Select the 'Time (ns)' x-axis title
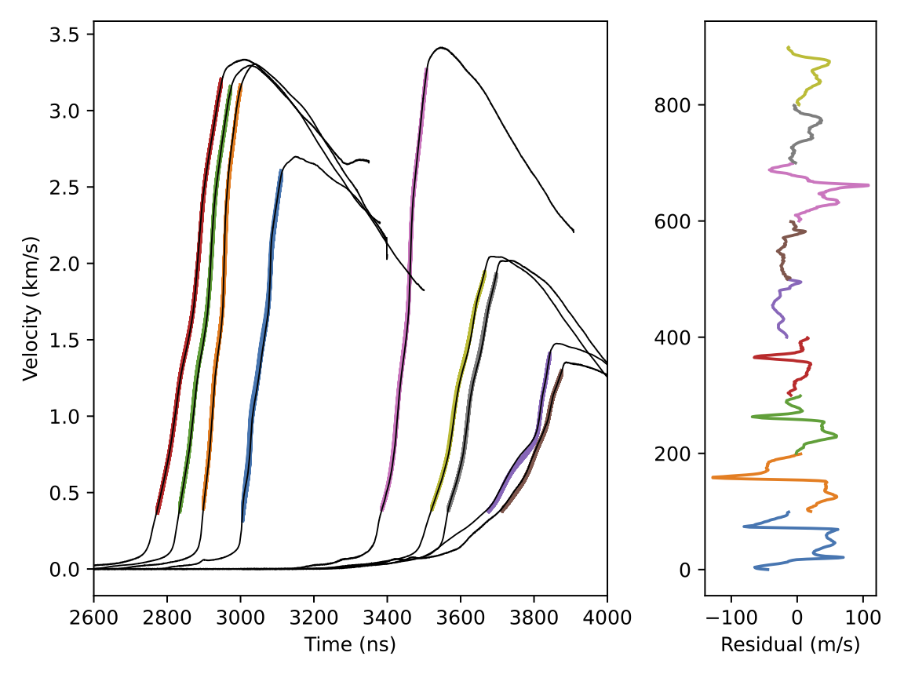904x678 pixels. coord(350,645)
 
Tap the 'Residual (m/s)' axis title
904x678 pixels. coord(790,645)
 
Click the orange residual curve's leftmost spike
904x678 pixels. coord(713,477)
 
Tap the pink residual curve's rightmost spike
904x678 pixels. coord(867,185)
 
